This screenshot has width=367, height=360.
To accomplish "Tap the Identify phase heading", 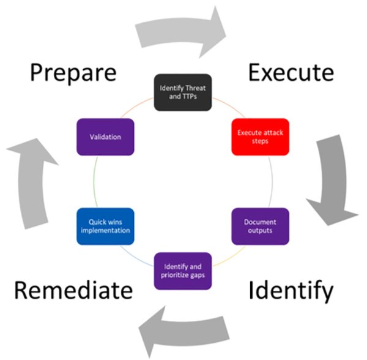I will click(x=291, y=290).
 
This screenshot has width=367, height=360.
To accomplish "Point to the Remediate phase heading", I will click(x=73, y=290).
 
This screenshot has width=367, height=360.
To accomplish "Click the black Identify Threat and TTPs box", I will click(x=183, y=92).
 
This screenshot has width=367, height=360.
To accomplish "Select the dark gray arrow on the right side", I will click(x=335, y=181).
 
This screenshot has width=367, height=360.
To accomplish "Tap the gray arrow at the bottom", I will click(x=183, y=331).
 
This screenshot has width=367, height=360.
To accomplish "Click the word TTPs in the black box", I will click(x=190, y=97).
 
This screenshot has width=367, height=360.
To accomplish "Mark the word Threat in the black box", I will click(x=197, y=88).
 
